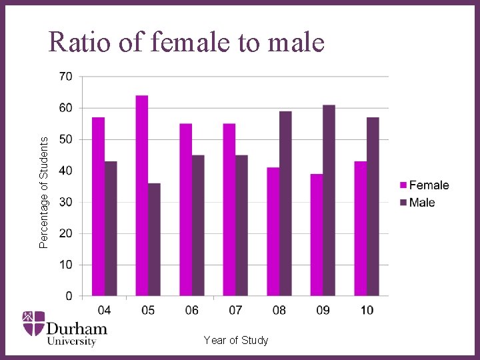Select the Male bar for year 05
154,239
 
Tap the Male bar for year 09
329,200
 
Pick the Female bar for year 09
316,235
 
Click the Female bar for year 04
98,206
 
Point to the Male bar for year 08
285,203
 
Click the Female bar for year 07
229,209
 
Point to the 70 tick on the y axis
66,77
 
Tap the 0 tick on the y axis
69,296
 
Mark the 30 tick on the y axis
66,202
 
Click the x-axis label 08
279,310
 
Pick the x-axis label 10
367,310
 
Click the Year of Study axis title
236,341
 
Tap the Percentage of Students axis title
44,193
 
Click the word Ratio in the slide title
81,43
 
